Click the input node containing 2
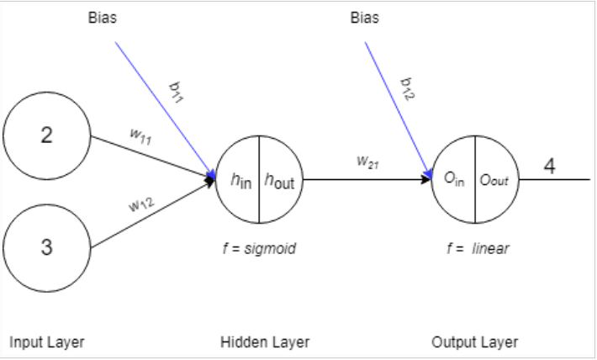[x=47, y=137]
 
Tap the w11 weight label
[x=140, y=137]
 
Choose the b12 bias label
[x=406, y=87]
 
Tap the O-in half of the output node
[x=455, y=179]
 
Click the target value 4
[x=549, y=167]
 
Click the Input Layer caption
[x=47, y=341]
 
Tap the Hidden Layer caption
[x=265, y=341]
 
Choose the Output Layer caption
[x=474, y=341]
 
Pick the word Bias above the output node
[x=364, y=19]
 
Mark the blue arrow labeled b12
[x=395, y=105]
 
